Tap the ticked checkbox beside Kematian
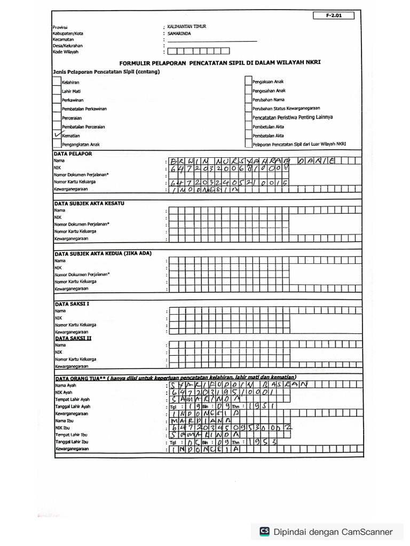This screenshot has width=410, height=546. [x=57, y=135]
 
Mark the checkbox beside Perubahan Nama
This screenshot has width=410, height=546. [x=248, y=100]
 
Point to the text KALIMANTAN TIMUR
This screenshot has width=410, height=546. [x=187, y=27]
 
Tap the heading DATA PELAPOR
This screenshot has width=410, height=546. [x=73, y=154]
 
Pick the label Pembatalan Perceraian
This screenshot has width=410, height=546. [x=83, y=127]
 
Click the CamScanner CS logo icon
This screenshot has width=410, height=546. [x=264, y=531]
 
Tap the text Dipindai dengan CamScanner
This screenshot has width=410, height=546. [x=333, y=532]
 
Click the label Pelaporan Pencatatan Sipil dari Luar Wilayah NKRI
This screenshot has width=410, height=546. [x=299, y=144]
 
